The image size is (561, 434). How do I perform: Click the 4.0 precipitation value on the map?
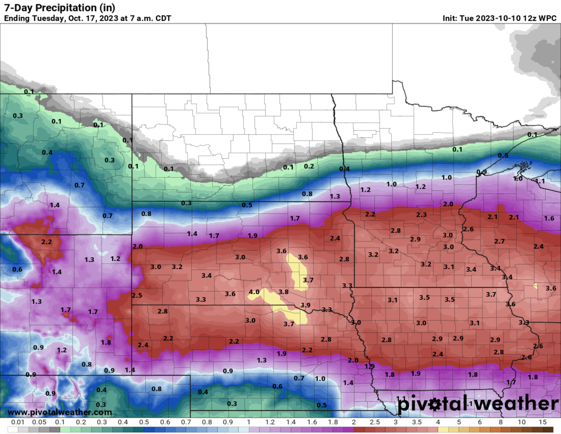coord(254,292)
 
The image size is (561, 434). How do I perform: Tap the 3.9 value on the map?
coord(305,305)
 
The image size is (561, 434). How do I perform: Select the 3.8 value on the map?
coord(283,292)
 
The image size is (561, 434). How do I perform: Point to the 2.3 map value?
coord(421,215)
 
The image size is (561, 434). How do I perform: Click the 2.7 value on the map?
coord(499,241)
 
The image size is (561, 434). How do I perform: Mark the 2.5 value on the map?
coord(137,295)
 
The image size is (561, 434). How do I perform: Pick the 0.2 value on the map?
coord(309,166)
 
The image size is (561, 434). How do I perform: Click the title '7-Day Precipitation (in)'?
coord(59,8)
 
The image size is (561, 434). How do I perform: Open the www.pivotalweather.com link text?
coord(60,412)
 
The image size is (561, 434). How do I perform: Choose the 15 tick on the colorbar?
coord(543,423)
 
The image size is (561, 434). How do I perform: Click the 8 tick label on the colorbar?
coord(501,423)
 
